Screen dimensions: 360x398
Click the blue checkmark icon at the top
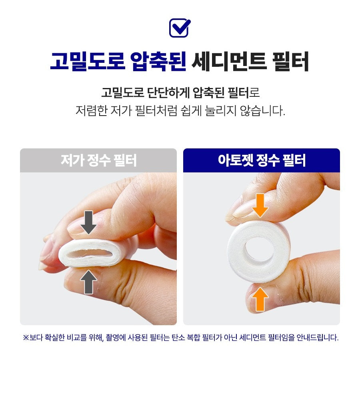coord(180,28)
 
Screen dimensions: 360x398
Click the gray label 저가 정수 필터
coord(98,160)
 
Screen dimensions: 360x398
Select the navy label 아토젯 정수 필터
coord(262,160)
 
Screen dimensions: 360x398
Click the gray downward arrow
coord(88,222)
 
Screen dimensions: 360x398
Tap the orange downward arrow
coord(260,205)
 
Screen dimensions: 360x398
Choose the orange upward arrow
coord(260,299)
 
